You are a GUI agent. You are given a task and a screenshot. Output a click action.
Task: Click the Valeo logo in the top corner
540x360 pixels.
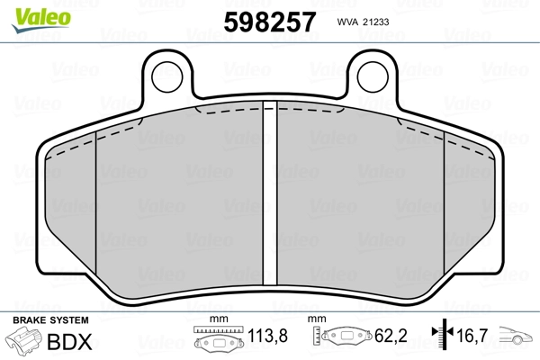pos(41,20)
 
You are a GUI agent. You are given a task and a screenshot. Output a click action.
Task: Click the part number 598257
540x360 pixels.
pos(270,22)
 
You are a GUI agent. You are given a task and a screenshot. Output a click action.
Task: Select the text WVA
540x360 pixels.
pos(347,22)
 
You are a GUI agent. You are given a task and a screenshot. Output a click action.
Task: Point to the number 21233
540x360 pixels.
pos(376,22)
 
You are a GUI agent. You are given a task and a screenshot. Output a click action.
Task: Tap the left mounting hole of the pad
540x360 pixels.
pos(167,76)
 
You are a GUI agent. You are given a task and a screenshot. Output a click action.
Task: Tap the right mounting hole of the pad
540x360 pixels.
pos(373,76)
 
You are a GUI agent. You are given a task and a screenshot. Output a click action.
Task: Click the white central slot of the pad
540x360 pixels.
pos(270,193)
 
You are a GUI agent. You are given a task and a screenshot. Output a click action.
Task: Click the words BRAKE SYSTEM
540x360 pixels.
pos(50,320)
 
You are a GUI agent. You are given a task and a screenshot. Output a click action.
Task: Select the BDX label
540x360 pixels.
pos(69,342)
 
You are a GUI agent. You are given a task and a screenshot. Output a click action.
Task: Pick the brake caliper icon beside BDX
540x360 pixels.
pos(23,339)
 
